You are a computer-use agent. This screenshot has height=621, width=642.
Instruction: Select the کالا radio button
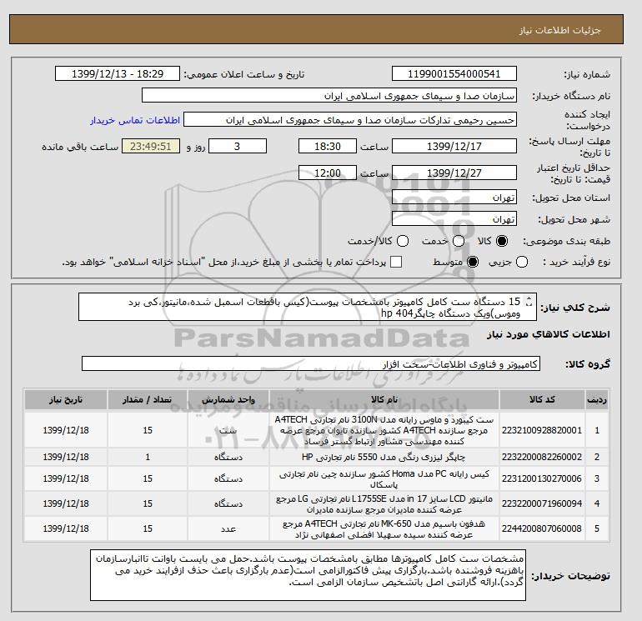[501, 241]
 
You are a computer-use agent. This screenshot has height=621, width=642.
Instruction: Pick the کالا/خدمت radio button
[402, 241]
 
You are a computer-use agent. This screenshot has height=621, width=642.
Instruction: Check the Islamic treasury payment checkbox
[396, 263]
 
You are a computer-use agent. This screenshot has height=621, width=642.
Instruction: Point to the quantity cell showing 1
[148, 457]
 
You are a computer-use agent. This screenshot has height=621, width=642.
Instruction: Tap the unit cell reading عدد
[227, 528]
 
